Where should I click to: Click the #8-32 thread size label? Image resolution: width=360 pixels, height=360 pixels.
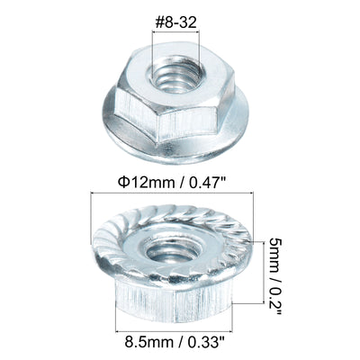point(175,22)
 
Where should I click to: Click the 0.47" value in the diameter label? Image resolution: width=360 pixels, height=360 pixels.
point(208,182)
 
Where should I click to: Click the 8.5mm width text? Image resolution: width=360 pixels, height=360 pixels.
point(148,342)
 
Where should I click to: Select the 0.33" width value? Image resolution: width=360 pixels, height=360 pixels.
point(206,342)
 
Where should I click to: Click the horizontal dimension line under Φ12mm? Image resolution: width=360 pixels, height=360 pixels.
point(172,193)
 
